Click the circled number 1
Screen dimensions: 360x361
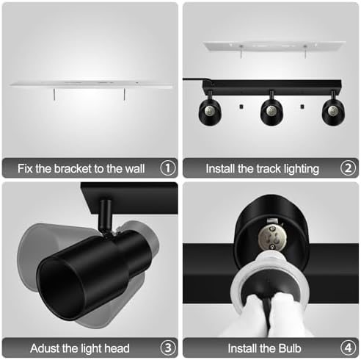[x=167, y=168]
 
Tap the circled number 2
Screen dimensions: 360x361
[x=349, y=168]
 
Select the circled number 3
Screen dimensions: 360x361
[x=167, y=347]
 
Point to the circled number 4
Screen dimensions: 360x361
[x=349, y=347]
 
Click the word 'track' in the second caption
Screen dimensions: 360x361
[x=263, y=168]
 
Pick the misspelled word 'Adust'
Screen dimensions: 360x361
[x=34, y=347]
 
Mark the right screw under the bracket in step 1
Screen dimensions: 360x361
[x=126, y=96]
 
